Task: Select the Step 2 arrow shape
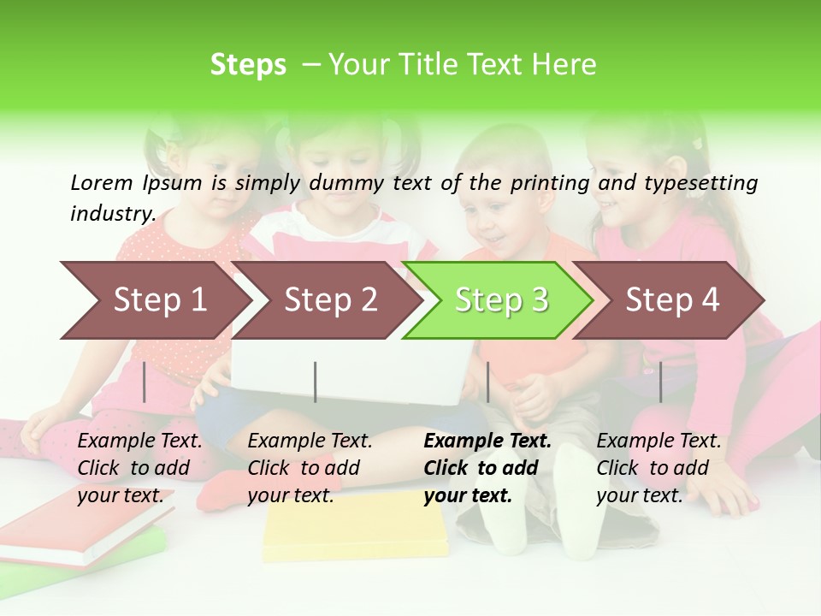(x=329, y=300)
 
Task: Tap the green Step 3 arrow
(x=500, y=300)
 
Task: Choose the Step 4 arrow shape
(x=671, y=300)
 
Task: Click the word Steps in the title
(x=248, y=64)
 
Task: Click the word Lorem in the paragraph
(x=102, y=182)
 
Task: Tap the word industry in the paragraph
(x=111, y=213)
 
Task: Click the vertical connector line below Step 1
(x=145, y=382)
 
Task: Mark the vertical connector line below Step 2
(x=316, y=382)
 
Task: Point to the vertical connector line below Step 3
(x=487, y=382)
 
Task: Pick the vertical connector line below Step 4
(x=660, y=382)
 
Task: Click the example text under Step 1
(x=139, y=468)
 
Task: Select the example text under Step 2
(x=310, y=468)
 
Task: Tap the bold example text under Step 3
(x=487, y=468)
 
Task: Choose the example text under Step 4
(x=659, y=468)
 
